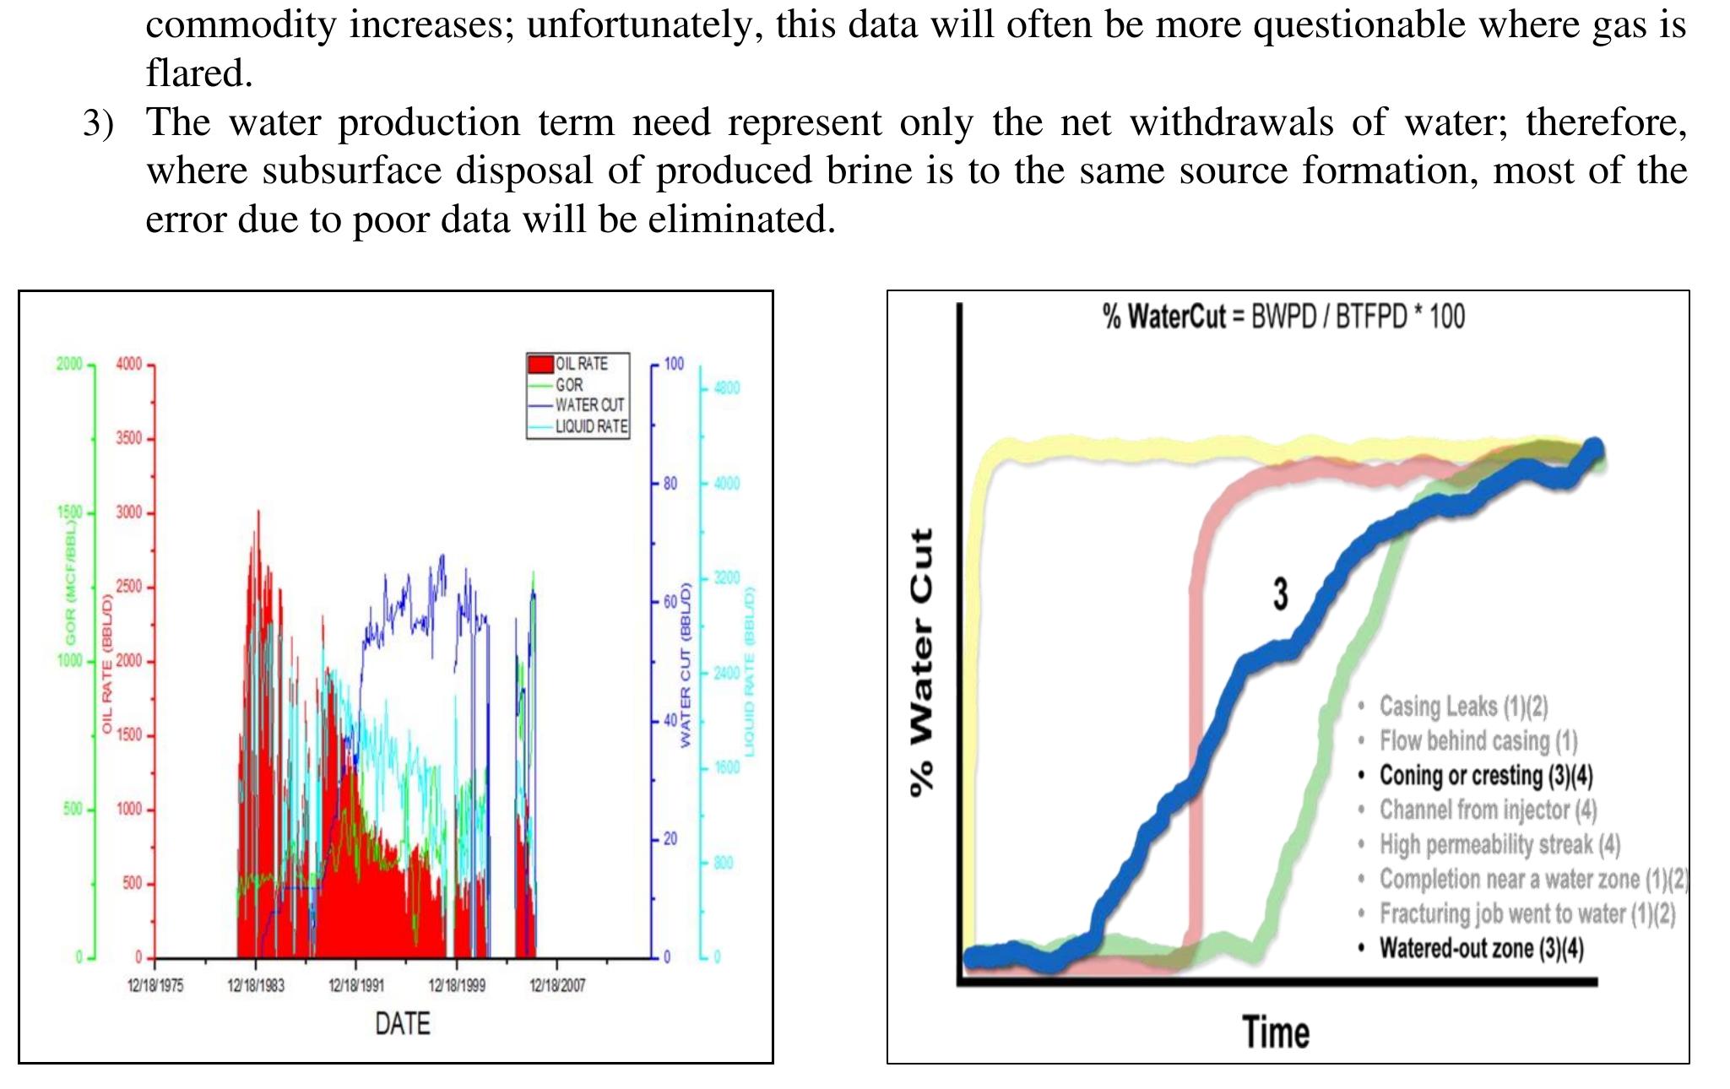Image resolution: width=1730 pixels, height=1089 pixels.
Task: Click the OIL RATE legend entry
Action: (x=581, y=364)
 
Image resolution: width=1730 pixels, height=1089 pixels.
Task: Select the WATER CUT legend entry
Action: (x=589, y=405)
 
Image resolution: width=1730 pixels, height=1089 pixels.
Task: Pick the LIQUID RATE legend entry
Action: (x=591, y=426)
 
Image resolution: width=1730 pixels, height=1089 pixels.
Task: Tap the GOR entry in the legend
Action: (x=569, y=385)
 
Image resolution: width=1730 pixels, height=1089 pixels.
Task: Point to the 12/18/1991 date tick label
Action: (x=355, y=985)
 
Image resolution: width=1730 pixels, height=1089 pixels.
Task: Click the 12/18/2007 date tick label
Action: (x=557, y=985)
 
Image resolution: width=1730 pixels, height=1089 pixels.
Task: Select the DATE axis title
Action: (x=403, y=1024)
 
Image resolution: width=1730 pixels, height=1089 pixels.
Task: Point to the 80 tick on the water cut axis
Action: (x=670, y=484)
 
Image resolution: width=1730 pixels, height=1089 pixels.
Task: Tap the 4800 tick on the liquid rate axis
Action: (x=726, y=388)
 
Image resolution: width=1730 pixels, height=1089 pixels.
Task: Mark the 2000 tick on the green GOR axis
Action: (x=69, y=365)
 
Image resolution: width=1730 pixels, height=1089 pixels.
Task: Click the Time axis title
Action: (x=1276, y=1032)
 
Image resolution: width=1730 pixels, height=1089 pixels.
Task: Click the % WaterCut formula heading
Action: (x=1283, y=317)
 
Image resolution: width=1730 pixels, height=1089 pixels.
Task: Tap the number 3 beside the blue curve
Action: (x=1281, y=594)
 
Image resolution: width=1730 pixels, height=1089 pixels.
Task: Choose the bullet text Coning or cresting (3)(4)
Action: (x=1486, y=775)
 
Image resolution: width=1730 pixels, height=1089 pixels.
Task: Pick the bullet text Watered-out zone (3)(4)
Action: (x=1482, y=948)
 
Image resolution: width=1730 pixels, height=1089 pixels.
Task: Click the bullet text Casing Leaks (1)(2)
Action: (x=1463, y=706)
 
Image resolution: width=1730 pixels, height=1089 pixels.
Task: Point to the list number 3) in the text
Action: (x=98, y=123)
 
